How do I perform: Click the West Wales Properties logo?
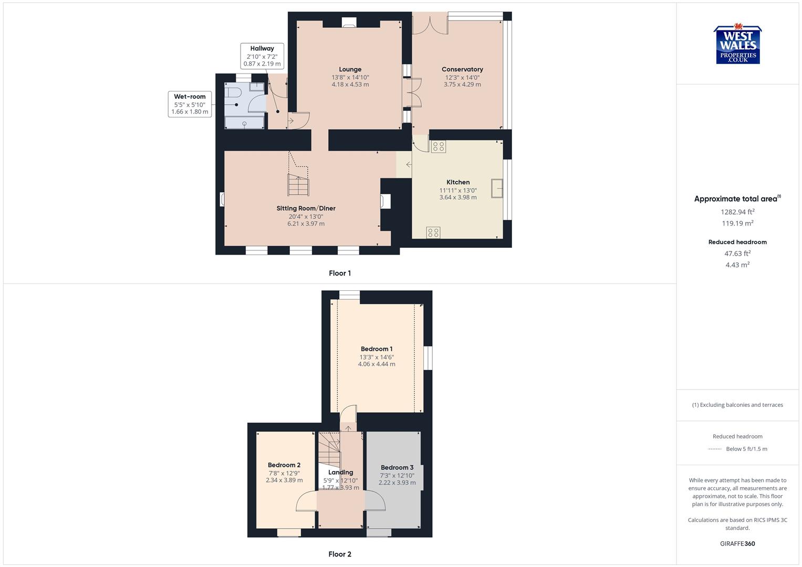737,45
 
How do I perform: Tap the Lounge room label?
350,69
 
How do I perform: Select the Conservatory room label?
462,69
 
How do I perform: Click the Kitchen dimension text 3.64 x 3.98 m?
458,197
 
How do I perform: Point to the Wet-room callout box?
190,104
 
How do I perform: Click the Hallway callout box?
262,56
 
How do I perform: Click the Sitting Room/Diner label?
306,208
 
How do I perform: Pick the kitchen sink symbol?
497,188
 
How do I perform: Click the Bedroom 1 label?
377,349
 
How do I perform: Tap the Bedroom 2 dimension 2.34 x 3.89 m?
284,480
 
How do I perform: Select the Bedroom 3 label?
397,468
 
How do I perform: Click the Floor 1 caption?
340,273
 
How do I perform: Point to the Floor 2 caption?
340,554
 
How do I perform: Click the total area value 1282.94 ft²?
737,212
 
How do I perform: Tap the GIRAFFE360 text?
737,544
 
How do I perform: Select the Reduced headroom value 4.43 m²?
737,265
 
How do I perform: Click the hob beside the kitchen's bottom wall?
433,232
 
